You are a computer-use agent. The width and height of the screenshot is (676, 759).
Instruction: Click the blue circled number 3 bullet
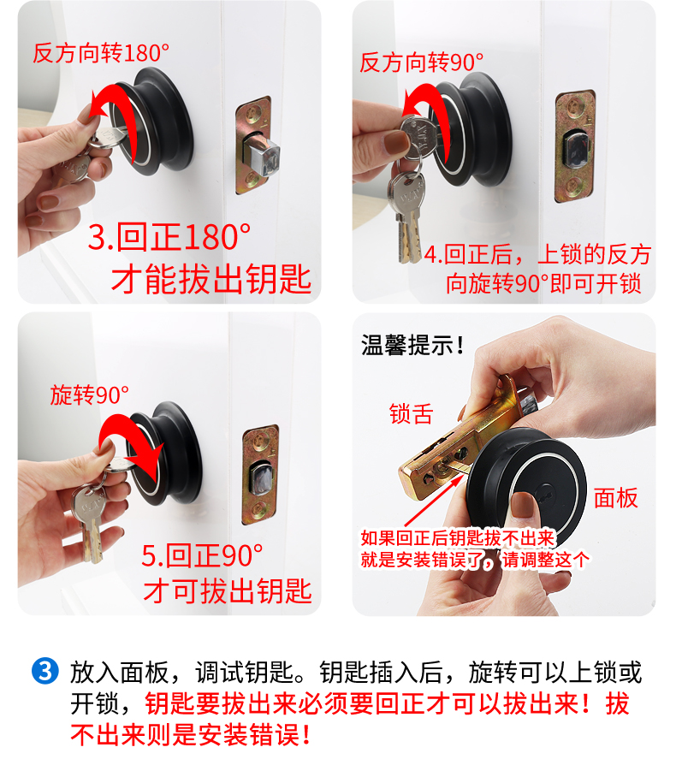pyautogui.click(x=45, y=672)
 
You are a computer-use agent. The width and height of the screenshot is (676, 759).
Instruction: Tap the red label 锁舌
pyautogui.click(x=411, y=414)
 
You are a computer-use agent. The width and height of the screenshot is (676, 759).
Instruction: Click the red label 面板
pyautogui.click(x=616, y=498)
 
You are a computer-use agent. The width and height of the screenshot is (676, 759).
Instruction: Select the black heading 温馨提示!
pyautogui.click(x=412, y=346)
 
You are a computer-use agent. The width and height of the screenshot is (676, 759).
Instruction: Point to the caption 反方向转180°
pyautogui.click(x=101, y=53)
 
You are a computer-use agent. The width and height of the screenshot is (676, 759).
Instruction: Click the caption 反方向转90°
pyautogui.click(x=422, y=62)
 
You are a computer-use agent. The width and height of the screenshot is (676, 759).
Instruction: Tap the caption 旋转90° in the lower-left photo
pyautogui.click(x=90, y=395)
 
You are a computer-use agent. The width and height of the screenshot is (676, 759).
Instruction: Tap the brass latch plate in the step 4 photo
pyautogui.click(x=575, y=145)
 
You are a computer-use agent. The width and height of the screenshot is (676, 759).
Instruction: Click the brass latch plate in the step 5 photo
pyautogui.click(x=261, y=475)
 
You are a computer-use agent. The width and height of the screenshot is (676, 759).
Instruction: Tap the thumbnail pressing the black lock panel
pyautogui.click(x=524, y=505)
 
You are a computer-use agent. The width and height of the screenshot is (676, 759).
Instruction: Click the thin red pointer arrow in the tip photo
pyautogui.click(x=432, y=502)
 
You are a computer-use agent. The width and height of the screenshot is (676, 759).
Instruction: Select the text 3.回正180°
pyautogui.click(x=169, y=237)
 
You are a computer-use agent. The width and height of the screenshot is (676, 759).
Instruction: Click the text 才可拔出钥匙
pyautogui.click(x=228, y=590)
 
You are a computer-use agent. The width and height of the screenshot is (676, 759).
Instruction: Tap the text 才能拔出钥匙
pyautogui.click(x=211, y=279)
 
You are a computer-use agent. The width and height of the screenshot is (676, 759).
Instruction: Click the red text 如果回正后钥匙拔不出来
pyautogui.click(x=458, y=537)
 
